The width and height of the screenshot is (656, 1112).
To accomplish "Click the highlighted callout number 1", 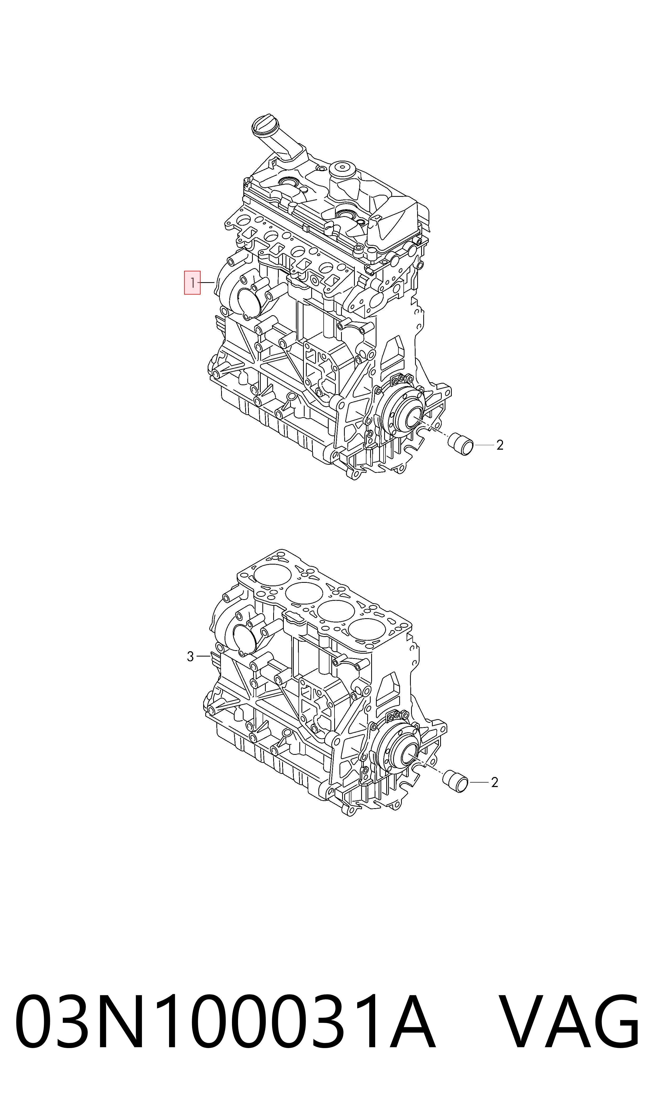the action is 192,282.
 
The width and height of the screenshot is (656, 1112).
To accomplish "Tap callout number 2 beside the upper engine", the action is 500,445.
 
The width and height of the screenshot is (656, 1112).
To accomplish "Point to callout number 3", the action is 190,656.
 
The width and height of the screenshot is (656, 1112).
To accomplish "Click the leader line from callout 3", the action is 203,656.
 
